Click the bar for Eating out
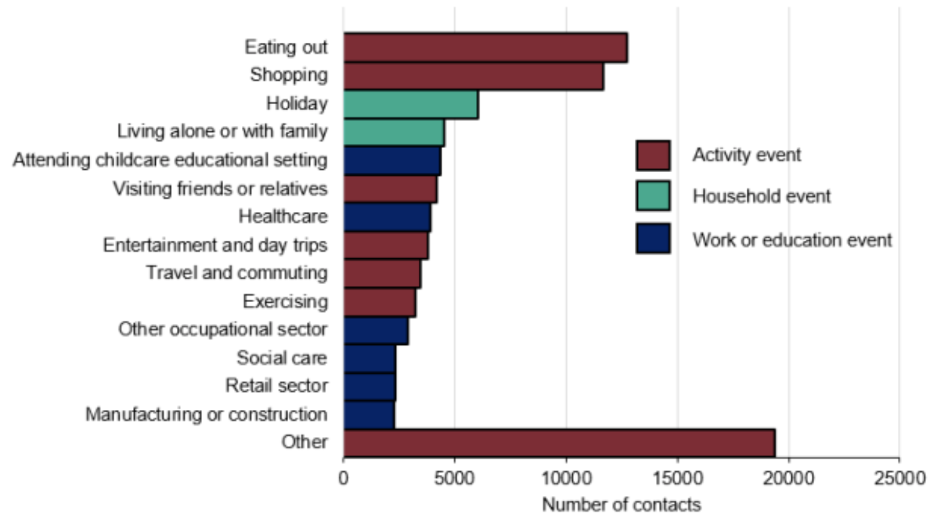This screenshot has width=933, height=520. pos(485,47)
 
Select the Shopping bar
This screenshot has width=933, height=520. pos(473,76)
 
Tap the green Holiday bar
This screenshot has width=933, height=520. pos(411,104)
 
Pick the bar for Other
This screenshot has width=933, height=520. pos(559,443)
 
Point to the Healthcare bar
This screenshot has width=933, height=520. pos(387,217)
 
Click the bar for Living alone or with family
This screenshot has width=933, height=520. pos(394,132)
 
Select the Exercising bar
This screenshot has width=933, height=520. pos(380,302)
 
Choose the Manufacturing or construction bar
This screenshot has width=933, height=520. pos(369,415)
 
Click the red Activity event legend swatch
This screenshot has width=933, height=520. pos(653,155)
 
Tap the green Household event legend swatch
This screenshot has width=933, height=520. pos(653,196)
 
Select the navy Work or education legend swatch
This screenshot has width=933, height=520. pos(653,238)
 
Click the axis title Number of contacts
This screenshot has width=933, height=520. pos(621,504)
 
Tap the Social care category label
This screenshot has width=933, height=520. pos(282,358)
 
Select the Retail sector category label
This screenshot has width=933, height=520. pos(276,386)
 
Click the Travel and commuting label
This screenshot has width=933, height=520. pos(237,273)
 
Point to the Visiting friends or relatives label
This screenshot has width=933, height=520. pos(220,189)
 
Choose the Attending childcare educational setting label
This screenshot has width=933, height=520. pos(170,160)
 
